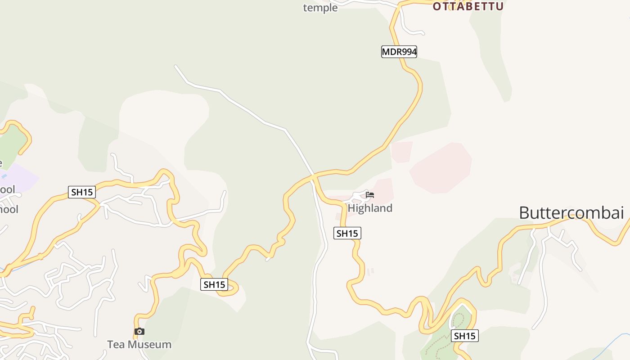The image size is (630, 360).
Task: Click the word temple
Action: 320,8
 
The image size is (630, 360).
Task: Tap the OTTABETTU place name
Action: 468,6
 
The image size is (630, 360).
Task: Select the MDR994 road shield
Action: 399,52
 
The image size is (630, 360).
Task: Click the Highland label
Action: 370,208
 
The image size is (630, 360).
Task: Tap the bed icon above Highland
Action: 370,195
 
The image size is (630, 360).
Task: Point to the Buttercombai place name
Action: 571,212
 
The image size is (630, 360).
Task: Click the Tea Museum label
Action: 139,344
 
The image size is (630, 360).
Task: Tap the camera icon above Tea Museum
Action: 139,332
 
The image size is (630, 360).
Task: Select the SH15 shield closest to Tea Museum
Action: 214,284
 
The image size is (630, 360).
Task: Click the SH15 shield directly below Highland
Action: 347,233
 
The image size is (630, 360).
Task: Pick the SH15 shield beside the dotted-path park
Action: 465,336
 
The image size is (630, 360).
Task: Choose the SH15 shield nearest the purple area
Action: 82,192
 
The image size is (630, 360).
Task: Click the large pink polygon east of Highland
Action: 441,168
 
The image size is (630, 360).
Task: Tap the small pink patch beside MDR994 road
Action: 402,152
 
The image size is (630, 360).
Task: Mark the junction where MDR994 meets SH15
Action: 314,176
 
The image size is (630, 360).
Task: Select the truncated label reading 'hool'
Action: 9,209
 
